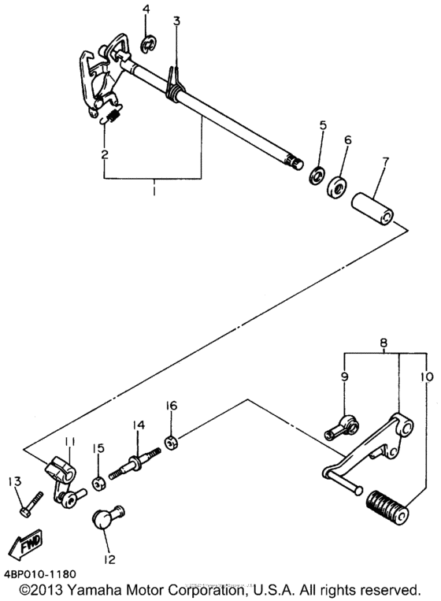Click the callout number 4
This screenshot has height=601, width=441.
coord(146,9)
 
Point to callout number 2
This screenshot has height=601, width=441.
coord(104,154)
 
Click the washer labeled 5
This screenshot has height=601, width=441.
coord(317,175)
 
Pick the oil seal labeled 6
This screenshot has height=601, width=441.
coord(337,186)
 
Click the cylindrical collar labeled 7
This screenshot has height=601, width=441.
coord(375,210)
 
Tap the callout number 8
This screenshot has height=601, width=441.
coord(384,343)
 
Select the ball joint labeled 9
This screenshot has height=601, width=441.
coord(342,428)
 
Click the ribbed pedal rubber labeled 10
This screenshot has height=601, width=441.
coord(387,506)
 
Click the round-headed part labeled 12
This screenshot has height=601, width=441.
coord(107,517)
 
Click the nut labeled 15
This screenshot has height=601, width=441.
coord(99,484)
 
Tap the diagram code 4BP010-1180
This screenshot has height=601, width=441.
coord(40,574)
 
